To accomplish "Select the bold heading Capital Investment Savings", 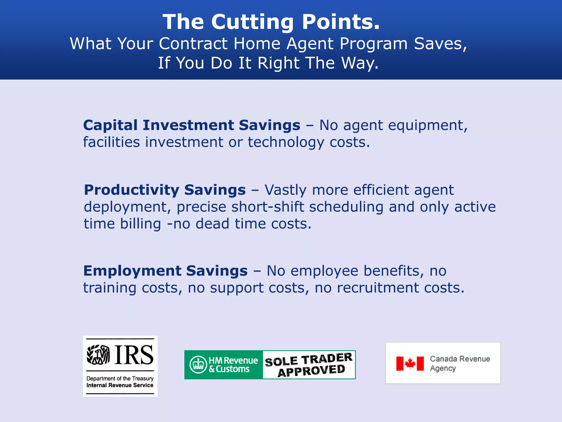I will tap(192, 125).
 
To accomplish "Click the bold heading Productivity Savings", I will tap(165, 190).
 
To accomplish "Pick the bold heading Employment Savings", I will tap(165, 271).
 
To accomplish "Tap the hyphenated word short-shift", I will tap(268, 207).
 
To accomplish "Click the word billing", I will tap(140, 224).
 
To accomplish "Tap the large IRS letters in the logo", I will tap(134, 355).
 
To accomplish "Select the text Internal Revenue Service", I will tap(120, 385).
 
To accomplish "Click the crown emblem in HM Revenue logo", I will tap(198, 365).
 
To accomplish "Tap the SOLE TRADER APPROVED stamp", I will tap(309, 365).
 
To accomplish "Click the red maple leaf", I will tap(410, 363).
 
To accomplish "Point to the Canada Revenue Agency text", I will tap(460, 363).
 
